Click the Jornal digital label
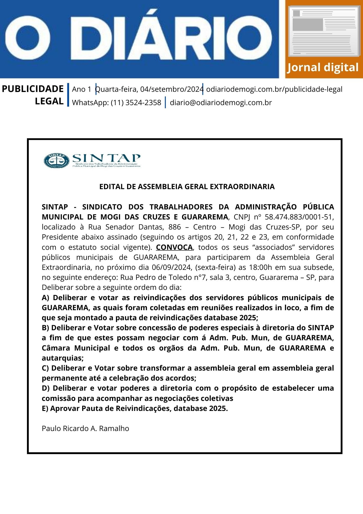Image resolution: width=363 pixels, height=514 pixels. pyautogui.click(x=323, y=67)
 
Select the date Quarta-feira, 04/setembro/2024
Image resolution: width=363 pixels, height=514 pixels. pyautogui.click(x=149, y=89)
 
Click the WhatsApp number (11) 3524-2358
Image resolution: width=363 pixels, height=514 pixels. pyautogui.click(x=136, y=103)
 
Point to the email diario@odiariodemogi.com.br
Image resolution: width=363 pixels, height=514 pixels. pyautogui.click(x=221, y=103)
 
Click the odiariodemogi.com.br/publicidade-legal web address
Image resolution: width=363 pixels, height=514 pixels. pyautogui.click(x=274, y=89)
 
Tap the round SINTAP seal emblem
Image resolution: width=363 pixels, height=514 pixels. pyautogui.click(x=56, y=161)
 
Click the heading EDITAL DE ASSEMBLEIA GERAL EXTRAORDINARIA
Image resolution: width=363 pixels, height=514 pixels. pyautogui.click(x=187, y=187)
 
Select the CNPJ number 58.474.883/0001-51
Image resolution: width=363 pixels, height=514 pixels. pyautogui.click(x=299, y=217)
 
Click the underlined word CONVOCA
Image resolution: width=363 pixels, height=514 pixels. pyautogui.click(x=174, y=247)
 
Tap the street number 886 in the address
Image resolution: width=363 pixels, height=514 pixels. pyautogui.click(x=175, y=227)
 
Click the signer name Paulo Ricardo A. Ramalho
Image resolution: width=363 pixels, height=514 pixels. pyautogui.click(x=85, y=428)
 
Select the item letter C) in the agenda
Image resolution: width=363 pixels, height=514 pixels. pyautogui.click(x=45, y=368)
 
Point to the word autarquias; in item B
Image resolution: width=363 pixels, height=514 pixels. pyautogui.click(x=63, y=358)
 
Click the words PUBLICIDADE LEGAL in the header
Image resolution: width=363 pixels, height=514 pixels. pyautogui.click(x=33, y=95)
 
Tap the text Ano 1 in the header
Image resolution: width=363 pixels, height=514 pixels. pyautogui.click(x=81, y=89)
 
